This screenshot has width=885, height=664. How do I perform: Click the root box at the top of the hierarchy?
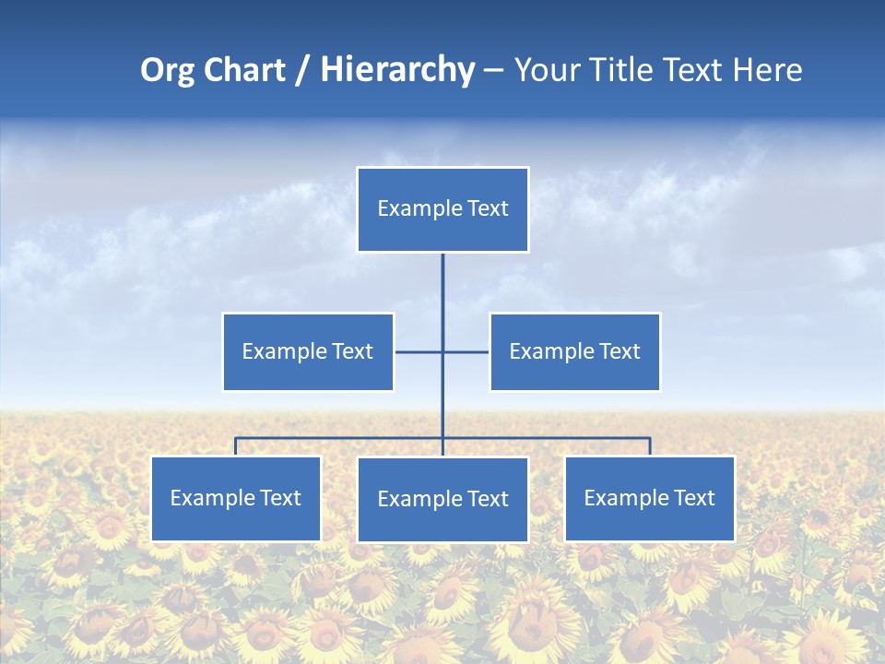click(442, 209)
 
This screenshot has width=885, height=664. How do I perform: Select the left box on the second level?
click(308, 351)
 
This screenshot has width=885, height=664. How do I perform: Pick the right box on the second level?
click(575, 351)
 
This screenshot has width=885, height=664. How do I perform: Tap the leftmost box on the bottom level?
click(236, 499)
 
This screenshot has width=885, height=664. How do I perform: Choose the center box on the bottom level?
click(442, 500)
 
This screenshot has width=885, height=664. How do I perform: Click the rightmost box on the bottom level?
click(650, 499)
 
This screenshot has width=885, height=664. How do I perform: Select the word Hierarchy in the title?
click(397, 70)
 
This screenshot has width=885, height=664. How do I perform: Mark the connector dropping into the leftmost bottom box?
click(236, 446)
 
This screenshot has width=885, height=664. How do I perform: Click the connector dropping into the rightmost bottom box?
click(650, 446)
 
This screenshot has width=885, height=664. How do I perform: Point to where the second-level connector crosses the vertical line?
click(442, 351)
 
